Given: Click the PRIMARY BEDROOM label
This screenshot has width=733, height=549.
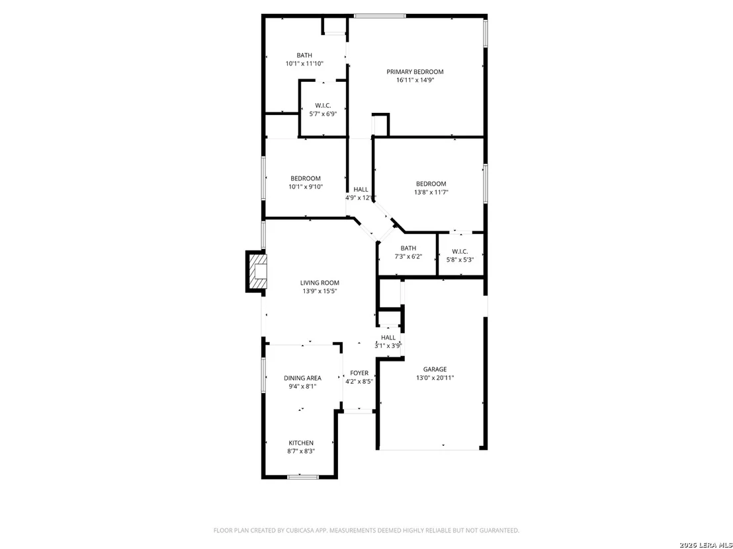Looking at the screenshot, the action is point(415,72).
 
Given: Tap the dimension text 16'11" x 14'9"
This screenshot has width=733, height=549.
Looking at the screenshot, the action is point(415,80).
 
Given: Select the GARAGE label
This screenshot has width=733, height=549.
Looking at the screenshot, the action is point(435,369).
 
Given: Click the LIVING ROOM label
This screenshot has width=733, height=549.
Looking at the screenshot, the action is point(320,283).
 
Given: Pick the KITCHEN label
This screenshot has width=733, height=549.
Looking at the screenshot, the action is point(301,443).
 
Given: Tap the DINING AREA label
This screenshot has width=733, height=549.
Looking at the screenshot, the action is point(302,378).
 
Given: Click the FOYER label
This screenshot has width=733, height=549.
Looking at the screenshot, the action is point(359,373).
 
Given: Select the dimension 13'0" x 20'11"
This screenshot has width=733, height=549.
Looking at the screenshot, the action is point(435,378).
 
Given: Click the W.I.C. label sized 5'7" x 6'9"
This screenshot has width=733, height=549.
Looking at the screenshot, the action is point(323,106).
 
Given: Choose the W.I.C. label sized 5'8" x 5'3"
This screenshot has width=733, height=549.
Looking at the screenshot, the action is point(460,252).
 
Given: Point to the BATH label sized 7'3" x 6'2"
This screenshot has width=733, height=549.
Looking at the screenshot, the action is point(408,248).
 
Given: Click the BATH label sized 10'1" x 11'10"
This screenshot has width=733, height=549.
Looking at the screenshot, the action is point(304,55).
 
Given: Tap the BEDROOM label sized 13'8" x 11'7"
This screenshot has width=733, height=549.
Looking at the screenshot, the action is point(431,184).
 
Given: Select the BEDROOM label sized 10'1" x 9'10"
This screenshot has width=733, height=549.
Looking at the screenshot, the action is point(306,178).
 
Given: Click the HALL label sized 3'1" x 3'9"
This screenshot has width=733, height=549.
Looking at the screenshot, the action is point(388,338).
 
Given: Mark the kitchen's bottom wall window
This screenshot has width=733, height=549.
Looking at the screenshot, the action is point(302,476).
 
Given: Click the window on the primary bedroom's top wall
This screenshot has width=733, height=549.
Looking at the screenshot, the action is point(380,16).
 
